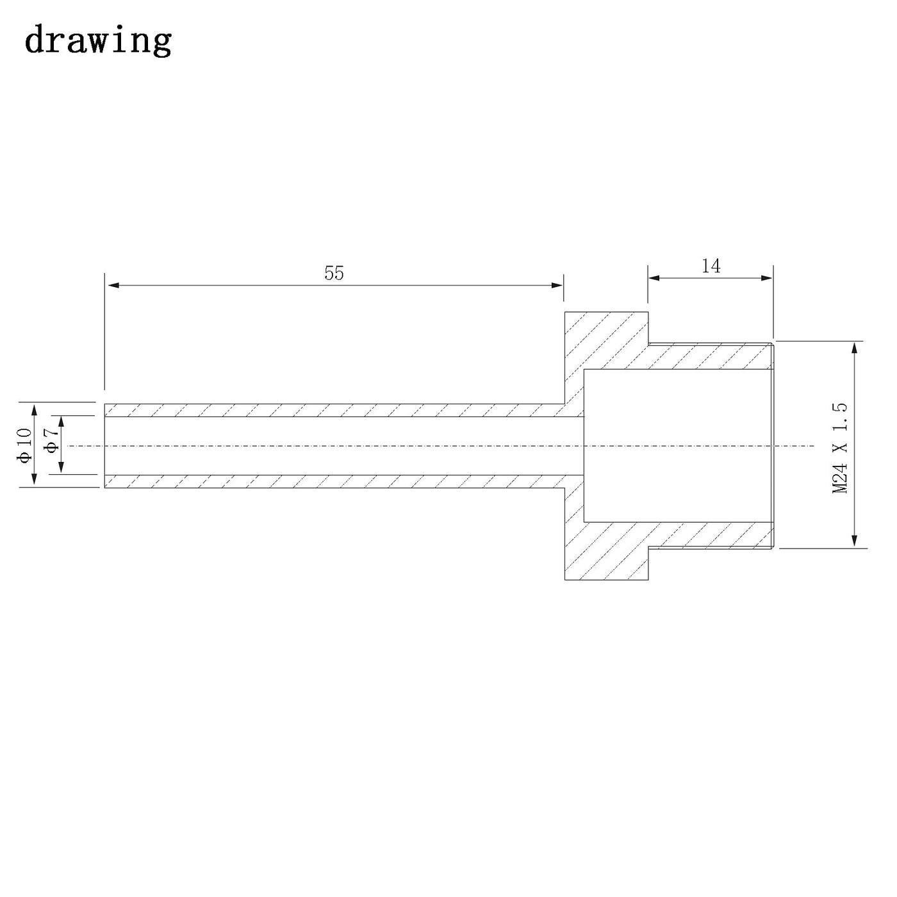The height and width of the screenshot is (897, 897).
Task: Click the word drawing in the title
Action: (x=98, y=40)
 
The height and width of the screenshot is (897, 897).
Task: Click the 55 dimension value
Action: (x=334, y=273)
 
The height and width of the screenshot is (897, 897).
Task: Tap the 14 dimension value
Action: (x=711, y=267)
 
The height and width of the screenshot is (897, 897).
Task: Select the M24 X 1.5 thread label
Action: (x=840, y=448)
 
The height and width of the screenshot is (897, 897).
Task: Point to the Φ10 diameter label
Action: (x=24, y=445)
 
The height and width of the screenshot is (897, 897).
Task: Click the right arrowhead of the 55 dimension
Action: (x=557, y=285)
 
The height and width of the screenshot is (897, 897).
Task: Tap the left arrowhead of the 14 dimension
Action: (x=654, y=278)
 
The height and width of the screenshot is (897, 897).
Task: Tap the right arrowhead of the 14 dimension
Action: (x=766, y=278)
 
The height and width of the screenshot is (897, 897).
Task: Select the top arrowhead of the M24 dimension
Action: (x=854, y=348)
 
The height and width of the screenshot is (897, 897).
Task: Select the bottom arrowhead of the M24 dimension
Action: (x=854, y=541)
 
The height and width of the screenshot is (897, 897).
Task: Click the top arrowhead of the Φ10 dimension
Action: (x=33, y=410)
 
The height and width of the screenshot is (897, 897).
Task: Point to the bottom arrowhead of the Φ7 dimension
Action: (x=61, y=468)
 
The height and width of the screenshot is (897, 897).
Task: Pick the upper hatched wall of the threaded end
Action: (x=711, y=357)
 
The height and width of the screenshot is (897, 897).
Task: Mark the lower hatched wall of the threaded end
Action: (x=711, y=535)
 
